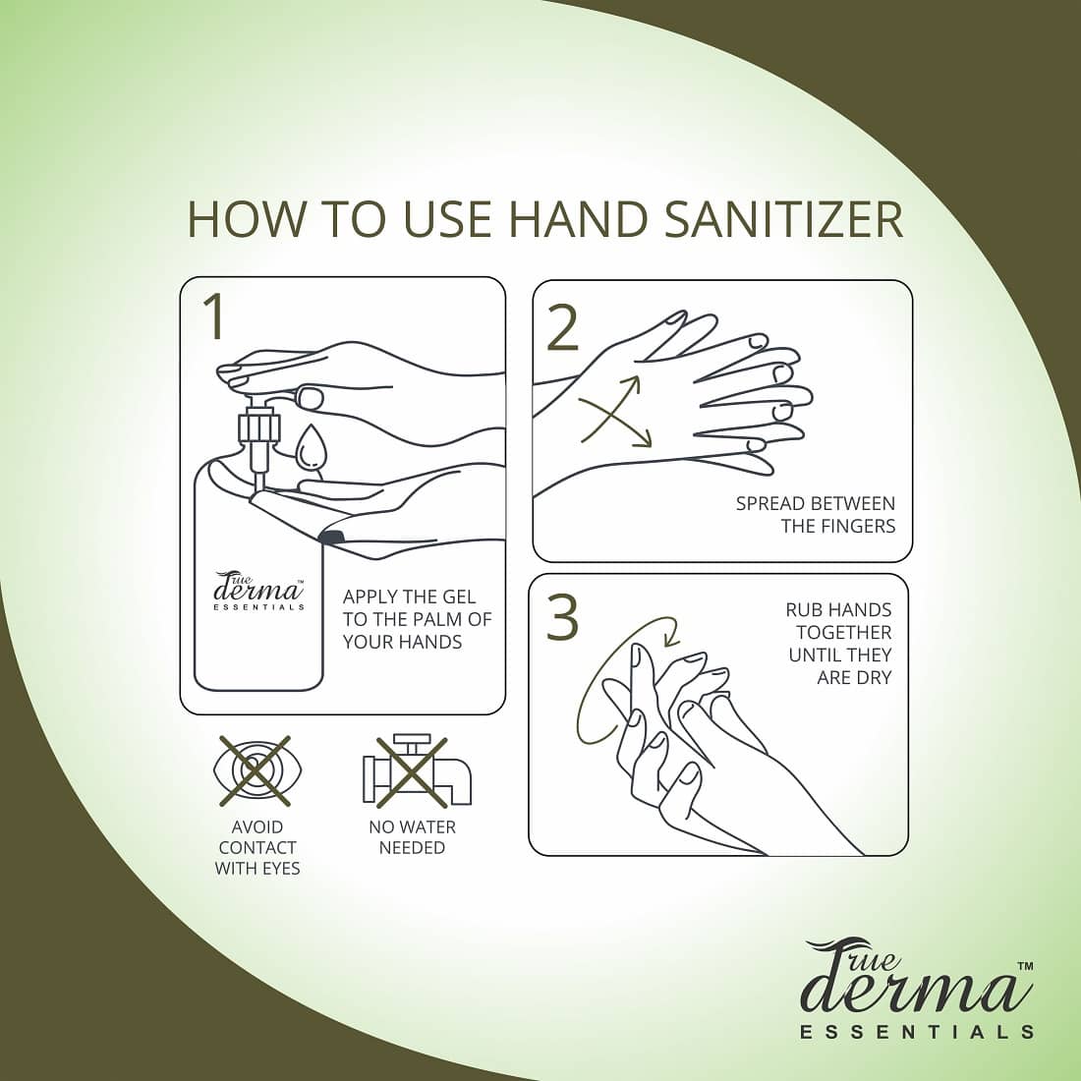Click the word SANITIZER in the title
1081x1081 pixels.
point(783,220)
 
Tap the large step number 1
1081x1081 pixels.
point(213,315)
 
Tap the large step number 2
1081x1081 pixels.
point(562,328)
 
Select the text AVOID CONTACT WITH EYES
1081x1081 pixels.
point(257,847)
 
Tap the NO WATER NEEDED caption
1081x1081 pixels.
point(412,837)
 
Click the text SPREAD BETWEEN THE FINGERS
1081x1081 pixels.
point(815,515)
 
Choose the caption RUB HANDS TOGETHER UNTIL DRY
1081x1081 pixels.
point(838,644)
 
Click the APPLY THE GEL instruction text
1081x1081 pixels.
point(416,619)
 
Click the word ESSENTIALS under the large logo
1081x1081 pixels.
point(917,1032)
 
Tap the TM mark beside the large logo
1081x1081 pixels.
point(1024,967)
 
